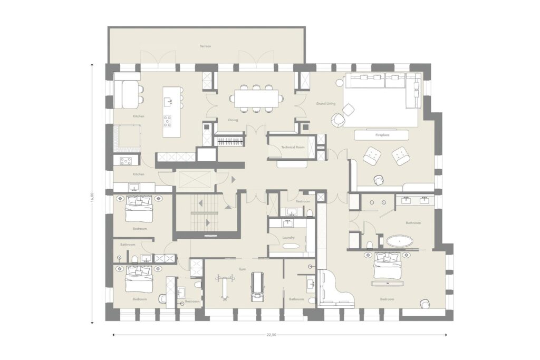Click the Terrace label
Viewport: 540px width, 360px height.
point(205,46)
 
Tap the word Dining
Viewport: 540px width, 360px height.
point(233,120)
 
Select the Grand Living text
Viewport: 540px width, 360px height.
point(325,104)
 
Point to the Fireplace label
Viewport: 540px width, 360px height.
point(382,135)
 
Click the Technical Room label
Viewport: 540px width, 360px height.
point(293,148)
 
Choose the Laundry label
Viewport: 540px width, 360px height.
point(288,238)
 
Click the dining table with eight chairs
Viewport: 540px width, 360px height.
point(256,98)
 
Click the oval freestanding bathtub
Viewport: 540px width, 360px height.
point(400,242)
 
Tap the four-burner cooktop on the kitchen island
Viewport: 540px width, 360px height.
point(168,121)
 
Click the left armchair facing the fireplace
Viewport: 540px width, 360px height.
point(373,155)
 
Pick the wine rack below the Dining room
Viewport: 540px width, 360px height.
point(230,140)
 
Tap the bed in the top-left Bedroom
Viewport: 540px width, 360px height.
point(139,209)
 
